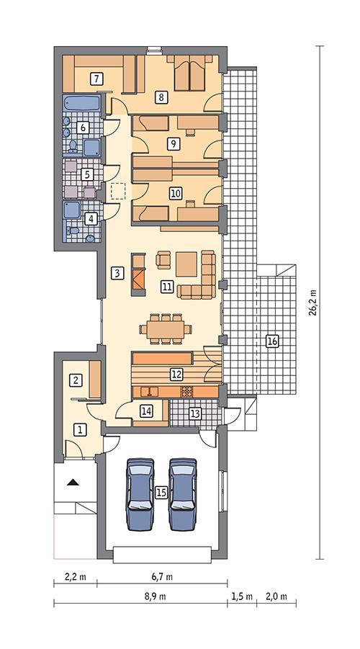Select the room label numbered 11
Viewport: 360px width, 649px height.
click(166, 287)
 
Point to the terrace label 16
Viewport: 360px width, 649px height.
click(271, 341)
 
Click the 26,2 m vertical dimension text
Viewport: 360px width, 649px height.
click(312, 302)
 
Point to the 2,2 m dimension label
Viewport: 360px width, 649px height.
click(76, 577)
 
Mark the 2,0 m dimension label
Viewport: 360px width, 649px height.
click(276, 596)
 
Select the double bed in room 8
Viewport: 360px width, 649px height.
click(190, 74)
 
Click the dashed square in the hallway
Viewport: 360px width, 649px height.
click(119, 192)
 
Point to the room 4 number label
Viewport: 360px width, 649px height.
click(90, 218)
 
